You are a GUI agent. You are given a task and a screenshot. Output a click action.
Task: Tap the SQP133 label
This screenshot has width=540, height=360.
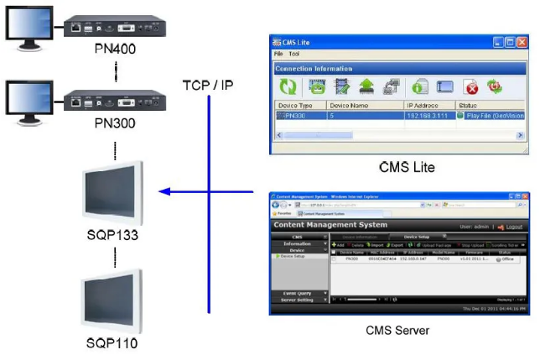pos(112,234)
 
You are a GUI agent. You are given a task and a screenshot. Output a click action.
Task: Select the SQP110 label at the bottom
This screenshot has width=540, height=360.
pos(112,343)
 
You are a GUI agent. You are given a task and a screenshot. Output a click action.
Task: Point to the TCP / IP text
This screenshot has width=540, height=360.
pos(207,85)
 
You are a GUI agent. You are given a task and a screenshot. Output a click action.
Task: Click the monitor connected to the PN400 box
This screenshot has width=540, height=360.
pos(28,29)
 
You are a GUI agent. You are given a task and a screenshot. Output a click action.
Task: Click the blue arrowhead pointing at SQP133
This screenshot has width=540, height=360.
pos(165,192)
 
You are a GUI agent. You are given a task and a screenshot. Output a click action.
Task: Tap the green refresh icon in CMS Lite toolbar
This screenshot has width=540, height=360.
pos(288,86)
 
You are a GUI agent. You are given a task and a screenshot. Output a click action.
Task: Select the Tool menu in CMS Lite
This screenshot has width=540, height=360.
pos(294,54)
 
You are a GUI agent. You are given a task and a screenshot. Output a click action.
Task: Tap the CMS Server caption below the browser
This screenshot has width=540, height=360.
pos(397,330)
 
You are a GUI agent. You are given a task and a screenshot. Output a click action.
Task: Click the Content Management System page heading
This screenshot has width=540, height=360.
pos(331,225)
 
